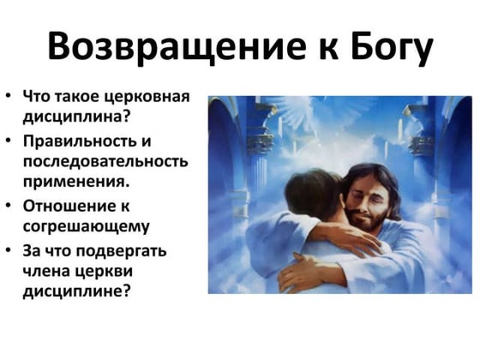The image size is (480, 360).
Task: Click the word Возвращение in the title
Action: coord(177,45)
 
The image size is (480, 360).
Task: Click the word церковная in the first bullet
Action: coord(147,98)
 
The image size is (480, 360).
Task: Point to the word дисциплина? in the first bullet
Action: coord(77,117)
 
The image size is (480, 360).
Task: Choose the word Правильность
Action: coord(80,141)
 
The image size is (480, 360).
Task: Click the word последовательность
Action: coord(105,161)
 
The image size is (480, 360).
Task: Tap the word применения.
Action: coord(76,183)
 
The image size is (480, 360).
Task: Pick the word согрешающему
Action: coord(87,227)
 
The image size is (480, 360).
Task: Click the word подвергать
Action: coord(121,252)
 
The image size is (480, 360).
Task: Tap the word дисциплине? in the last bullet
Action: coord(77,291)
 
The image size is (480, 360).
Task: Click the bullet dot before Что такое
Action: coord(9,96)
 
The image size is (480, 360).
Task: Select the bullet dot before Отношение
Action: coord(9,205)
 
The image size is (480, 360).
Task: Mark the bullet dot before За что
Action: coord(9,250)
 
